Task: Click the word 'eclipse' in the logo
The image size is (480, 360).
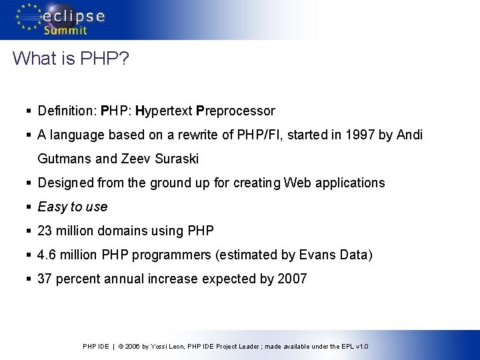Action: pos(73,16)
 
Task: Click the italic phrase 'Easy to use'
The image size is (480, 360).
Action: pos(73,207)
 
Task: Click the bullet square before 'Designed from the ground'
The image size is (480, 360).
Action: pos(29,183)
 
